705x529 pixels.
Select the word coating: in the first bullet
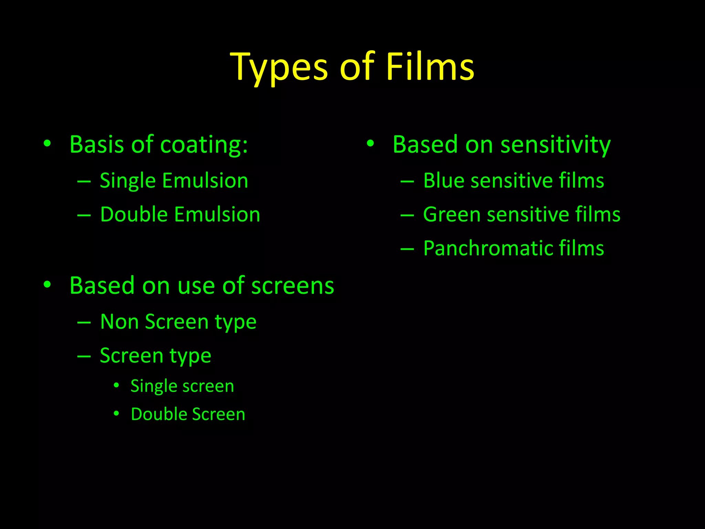[204, 144]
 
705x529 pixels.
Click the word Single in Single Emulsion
[128, 181]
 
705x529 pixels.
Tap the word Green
[451, 215]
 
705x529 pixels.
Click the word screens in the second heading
[293, 286]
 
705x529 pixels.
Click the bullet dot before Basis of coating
[47, 143]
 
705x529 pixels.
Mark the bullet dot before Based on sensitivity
[370, 143]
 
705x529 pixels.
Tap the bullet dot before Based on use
[47, 284]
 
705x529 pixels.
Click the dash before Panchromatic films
[407, 249]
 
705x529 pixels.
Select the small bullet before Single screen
[116, 385]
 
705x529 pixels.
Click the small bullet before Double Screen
[116, 413]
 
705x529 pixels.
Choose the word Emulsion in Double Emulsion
[217, 215]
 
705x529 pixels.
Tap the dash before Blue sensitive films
[407, 181]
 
